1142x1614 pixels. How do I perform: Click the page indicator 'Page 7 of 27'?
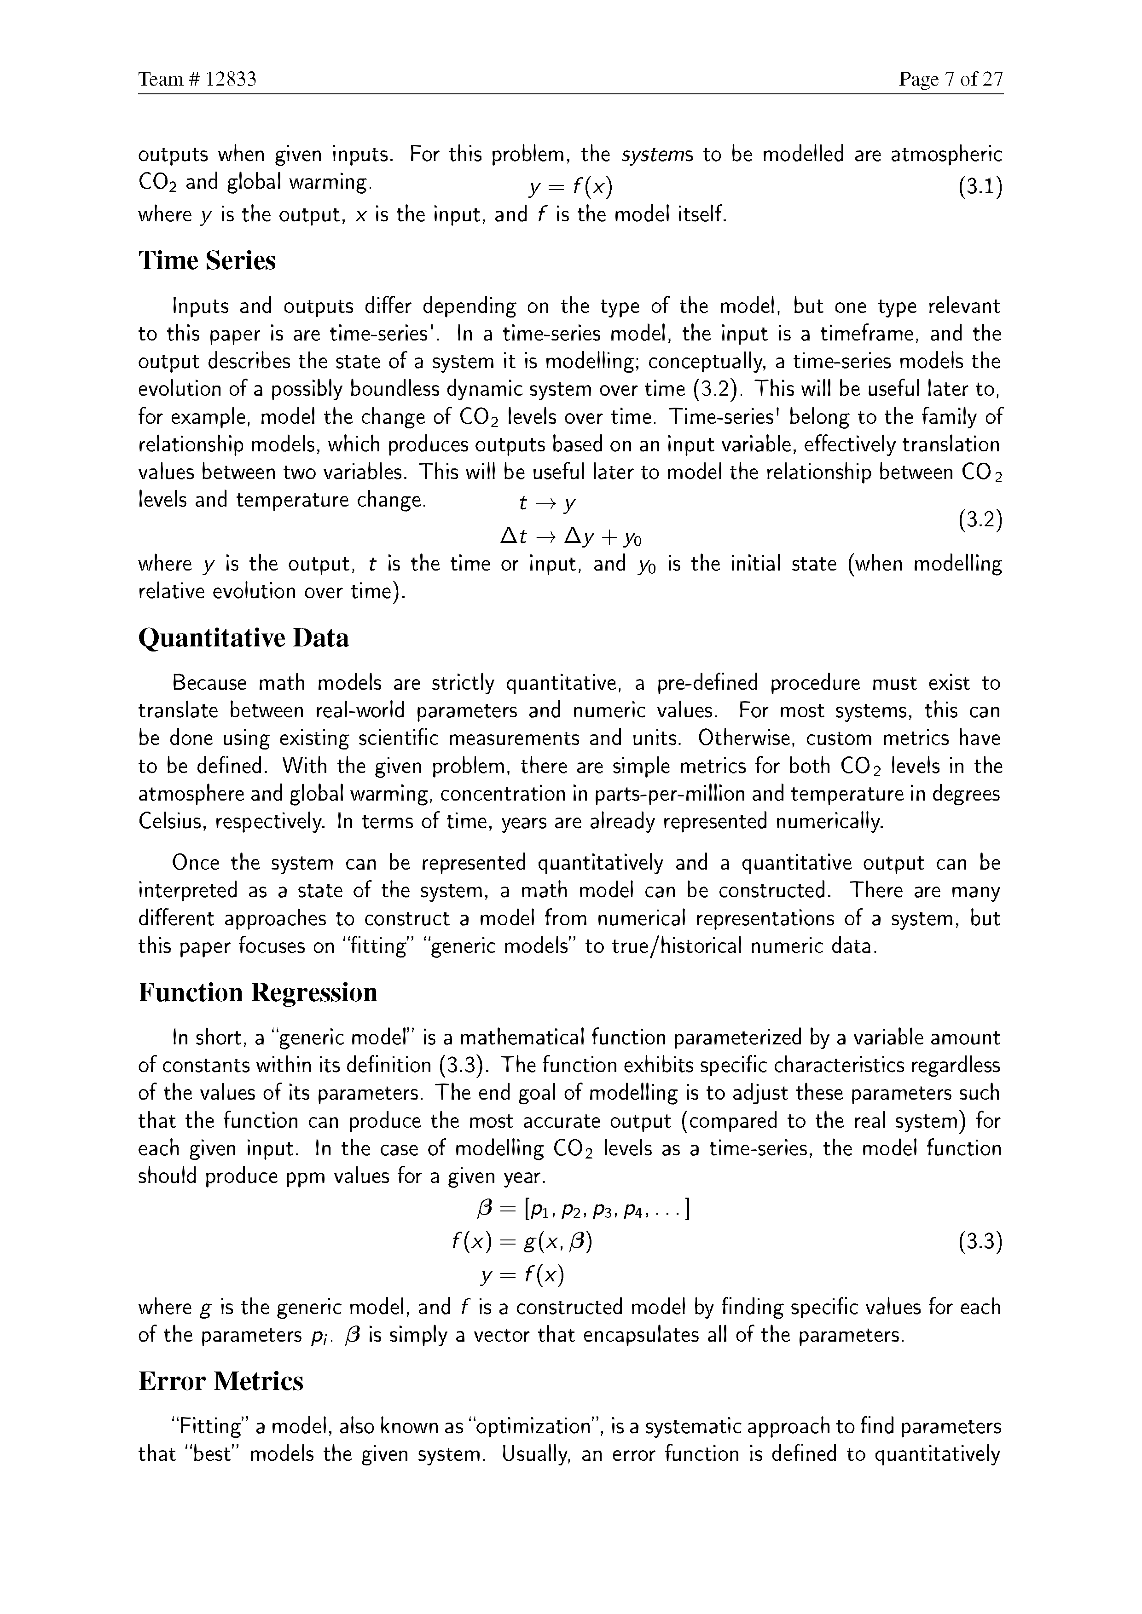click(951, 80)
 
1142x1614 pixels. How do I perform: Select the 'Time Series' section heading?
click(207, 261)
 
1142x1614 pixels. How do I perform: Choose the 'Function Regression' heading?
click(257, 992)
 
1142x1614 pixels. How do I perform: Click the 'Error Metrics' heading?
click(221, 1381)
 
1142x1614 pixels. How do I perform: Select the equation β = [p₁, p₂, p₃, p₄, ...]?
click(582, 1210)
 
